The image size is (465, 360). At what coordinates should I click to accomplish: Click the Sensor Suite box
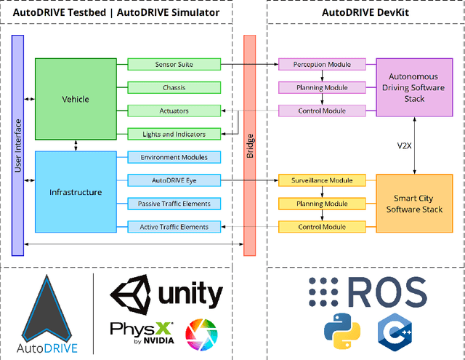174,65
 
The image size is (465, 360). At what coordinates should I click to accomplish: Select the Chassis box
174,88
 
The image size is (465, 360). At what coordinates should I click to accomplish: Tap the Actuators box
174,111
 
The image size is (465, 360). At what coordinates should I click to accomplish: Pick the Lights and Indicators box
174,134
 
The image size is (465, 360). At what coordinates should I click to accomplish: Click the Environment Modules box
174,157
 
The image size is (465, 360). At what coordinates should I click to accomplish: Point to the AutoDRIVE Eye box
174,180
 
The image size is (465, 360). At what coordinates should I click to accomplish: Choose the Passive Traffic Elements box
174,204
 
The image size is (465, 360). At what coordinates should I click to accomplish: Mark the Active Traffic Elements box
174,227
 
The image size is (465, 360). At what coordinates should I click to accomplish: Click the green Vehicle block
76,98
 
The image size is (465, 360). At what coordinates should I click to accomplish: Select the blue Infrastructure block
76,192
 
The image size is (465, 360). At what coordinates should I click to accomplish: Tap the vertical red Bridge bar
249,145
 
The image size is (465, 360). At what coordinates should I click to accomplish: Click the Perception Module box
323,65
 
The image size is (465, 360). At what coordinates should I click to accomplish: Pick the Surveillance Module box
323,180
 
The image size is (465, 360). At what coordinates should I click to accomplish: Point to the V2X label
405,145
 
